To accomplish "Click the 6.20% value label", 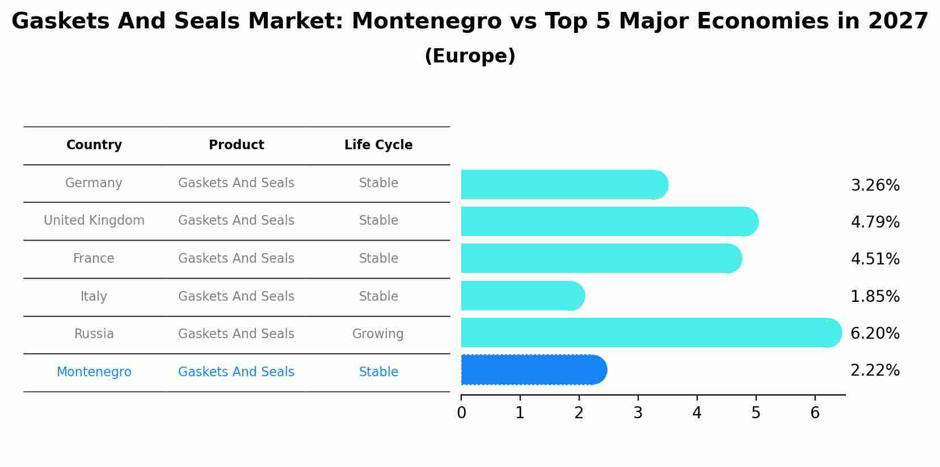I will pyautogui.click(x=875, y=334).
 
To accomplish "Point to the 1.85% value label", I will pyautogui.click(x=875, y=297).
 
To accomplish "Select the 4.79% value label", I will pyautogui.click(x=875, y=222).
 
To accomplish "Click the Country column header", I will pyautogui.click(x=94, y=145).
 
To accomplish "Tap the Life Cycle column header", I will pyautogui.click(x=378, y=145).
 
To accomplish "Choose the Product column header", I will pyautogui.click(x=237, y=145).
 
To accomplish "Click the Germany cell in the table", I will pyautogui.click(x=94, y=183).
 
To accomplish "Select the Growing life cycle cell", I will pyautogui.click(x=378, y=334).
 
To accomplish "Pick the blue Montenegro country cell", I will pyautogui.click(x=94, y=372).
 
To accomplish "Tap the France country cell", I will pyautogui.click(x=94, y=259).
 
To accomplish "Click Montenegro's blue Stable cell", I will pyautogui.click(x=378, y=372).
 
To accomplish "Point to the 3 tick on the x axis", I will pyautogui.click(x=638, y=413).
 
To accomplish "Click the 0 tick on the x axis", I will pyautogui.click(x=461, y=413).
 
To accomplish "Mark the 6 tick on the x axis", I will pyautogui.click(x=815, y=413).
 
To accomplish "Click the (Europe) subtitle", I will pyautogui.click(x=470, y=56).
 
